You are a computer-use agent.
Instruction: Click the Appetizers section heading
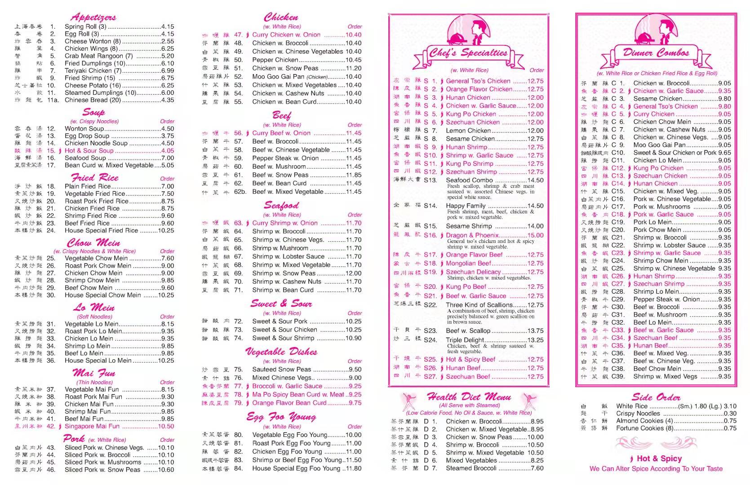click(93, 18)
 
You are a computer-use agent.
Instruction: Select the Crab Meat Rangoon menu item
click(98, 56)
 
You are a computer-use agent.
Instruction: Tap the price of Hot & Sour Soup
click(168, 151)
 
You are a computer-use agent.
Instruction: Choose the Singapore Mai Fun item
click(92, 426)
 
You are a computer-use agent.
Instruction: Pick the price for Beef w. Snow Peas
click(354, 175)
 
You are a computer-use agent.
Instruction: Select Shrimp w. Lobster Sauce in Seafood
click(288, 256)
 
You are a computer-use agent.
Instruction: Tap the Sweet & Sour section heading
click(281, 304)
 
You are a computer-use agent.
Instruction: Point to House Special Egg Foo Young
click(296, 468)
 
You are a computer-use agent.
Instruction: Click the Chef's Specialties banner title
click(468, 53)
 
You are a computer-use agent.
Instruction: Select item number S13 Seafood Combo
click(469, 180)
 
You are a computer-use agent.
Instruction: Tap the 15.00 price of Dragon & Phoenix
click(535, 235)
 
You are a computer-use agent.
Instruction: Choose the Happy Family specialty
click(466, 206)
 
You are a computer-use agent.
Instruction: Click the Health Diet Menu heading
click(469, 397)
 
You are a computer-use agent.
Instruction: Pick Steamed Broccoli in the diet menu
click(471, 468)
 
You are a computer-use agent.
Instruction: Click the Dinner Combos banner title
click(656, 53)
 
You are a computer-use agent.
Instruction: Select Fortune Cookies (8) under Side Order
click(645, 428)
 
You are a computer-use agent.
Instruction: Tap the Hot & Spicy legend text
click(659, 459)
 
